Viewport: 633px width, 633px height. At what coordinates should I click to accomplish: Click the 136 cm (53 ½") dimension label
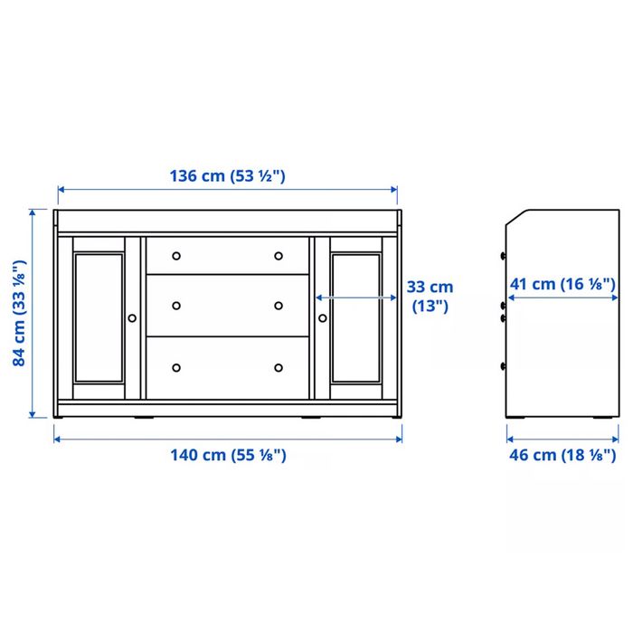(x=228, y=175)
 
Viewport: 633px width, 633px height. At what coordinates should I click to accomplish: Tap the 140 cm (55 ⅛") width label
(x=228, y=455)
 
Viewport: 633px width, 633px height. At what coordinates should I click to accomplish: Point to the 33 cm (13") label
(x=430, y=297)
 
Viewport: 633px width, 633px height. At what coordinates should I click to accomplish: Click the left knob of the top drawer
(x=176, y=255)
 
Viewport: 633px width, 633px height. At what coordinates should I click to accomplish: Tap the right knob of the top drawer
(x=279, y=255)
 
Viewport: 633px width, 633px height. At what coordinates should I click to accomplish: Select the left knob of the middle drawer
(x=176, y=305)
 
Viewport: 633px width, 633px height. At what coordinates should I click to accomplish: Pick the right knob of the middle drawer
(x=279, y=305)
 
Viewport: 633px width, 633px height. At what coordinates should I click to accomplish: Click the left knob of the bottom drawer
(x=176, y=367)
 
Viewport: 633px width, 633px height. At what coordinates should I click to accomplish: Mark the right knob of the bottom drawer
(x=279, y=367)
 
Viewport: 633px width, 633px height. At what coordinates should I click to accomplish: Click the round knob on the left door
(x=132, y=317)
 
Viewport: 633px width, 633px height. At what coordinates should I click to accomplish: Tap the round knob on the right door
(x=322, y=317)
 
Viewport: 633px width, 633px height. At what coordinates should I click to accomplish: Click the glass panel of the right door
(x=355, y=316)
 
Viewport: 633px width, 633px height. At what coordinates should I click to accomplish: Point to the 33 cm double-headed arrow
(x=355, y=296)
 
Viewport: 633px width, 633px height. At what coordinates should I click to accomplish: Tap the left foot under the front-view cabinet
(x=143, y=419)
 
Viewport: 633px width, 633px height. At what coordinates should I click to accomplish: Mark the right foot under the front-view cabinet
(x=310, y=419)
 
